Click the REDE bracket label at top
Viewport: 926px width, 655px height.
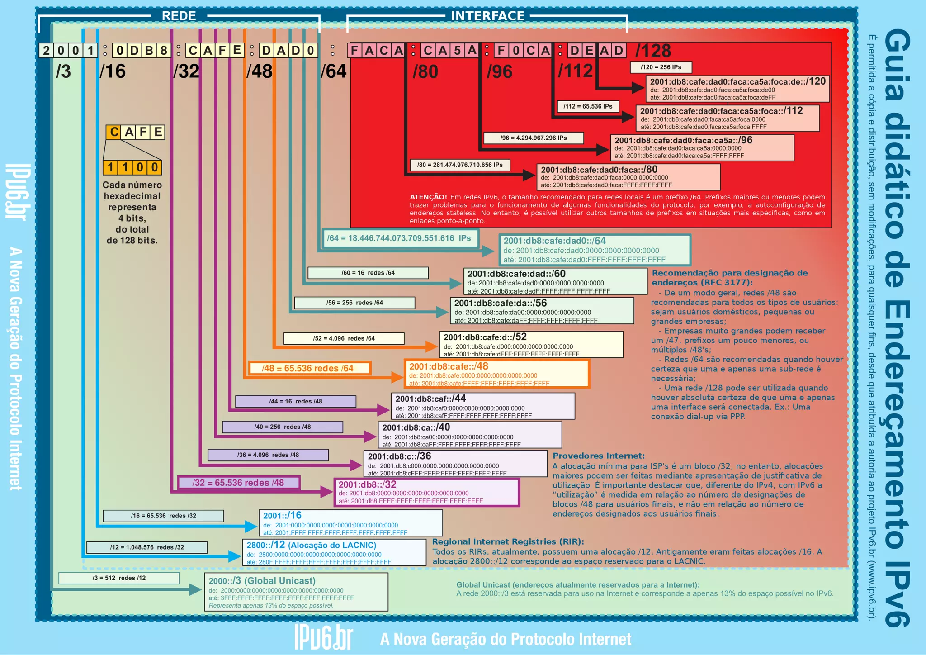pyautogui.click(x=179, y=16)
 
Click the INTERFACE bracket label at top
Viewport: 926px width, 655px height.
pyautogui.click(x=487, y=16)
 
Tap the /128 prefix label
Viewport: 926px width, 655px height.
pyautogui.click(x=653, y=51)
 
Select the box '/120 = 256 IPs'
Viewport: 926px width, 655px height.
pyautogui.click(x=661, y=67)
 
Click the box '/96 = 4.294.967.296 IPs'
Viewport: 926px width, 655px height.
pyautogui.click(x=534, y=138)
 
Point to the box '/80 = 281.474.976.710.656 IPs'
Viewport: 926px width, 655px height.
pyautogui.click(x=460, y=165)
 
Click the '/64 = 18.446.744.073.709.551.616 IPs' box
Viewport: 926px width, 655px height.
pyautogui.click(x=399, y=238)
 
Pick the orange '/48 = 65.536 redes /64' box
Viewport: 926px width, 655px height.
pyautogui.click(x=309, y=368)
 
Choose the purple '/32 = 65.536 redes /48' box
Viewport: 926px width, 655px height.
pyautogui.click(x=238, y=483)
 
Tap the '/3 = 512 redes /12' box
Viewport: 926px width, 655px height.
pyautogui.click(x=119, y=578)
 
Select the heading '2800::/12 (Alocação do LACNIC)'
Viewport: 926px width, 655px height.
pyautogui.click(x=311, y=545)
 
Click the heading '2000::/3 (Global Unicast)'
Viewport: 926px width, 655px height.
pyautogui.click(x=262, y=580)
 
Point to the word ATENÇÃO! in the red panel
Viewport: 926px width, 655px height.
pyautogui.click(x=428, y=197)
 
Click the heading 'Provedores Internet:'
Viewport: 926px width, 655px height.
pyautogui.click(x=599, y=456)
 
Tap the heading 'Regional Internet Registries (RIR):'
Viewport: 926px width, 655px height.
pyautogui.click(x=508, y=541)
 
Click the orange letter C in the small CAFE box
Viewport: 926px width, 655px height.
pyautogui.click(x=114, y=132)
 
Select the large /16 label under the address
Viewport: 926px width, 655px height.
pyautogui.click(x=113, y=71)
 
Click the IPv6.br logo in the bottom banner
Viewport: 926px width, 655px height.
pyautogui.click(x=323, y=638)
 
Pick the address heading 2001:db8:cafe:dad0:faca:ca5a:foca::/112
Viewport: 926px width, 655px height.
pyautogui.click(x=721, y=111)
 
